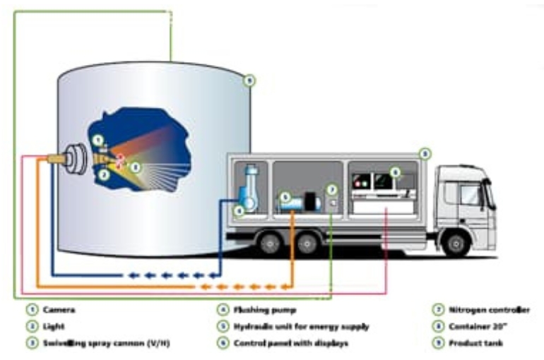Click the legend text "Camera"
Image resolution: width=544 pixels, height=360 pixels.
(59, 309)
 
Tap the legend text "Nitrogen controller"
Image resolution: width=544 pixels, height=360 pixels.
(488, 309)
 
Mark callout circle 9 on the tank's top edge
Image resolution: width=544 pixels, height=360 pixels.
(249, 80)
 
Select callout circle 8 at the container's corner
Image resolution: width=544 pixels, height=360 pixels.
(424, 152)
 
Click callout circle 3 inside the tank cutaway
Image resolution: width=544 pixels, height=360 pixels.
(136, 167)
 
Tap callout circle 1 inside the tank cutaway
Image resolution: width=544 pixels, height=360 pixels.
(99, 140)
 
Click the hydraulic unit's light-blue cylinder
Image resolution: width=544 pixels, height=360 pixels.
(290, 203)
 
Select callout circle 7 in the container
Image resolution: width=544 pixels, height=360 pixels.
(332, 190)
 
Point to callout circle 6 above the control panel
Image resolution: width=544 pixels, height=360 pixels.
(395, 172)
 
